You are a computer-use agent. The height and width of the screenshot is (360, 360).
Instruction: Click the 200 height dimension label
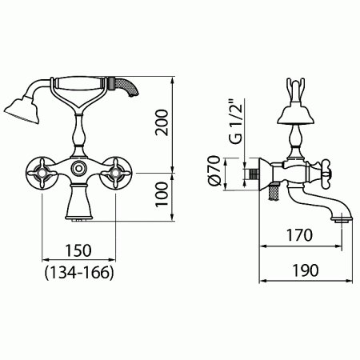[x=162, y=122]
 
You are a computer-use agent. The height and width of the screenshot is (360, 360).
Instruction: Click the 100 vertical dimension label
[x=162, y=194]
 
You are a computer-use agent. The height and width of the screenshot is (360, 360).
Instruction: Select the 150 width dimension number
[x=78, y=250]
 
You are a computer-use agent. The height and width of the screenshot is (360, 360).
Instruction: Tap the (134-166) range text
[x=79, y=273]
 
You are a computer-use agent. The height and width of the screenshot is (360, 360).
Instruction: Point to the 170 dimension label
[x=299, y=235]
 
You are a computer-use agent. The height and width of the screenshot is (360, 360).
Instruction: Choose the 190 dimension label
[x=306, y=270]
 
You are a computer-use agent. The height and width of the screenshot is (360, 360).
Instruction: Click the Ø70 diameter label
[x=214, y=170]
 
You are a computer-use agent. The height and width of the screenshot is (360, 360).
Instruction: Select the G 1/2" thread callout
[x=236, y=122]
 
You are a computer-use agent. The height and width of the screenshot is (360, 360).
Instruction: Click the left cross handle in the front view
[x=42, y=173]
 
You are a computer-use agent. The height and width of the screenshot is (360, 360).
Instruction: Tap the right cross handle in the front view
[x=115, y=173]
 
